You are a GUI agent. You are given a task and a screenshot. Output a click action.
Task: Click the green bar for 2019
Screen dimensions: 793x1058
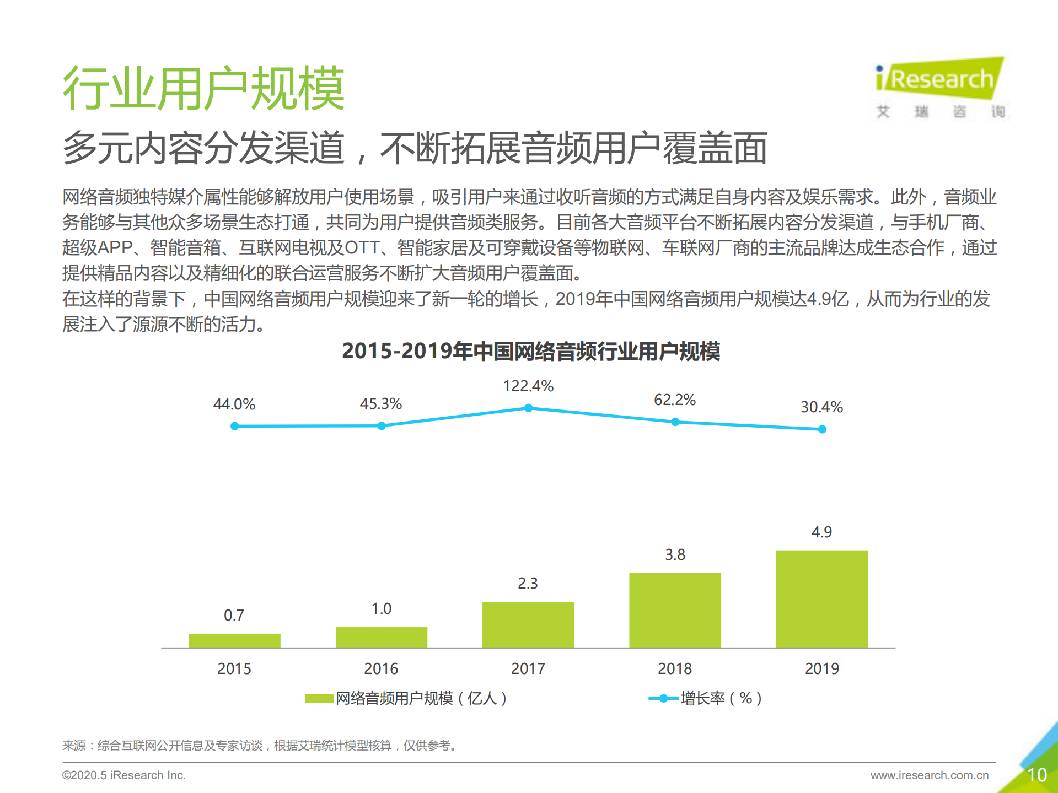821,598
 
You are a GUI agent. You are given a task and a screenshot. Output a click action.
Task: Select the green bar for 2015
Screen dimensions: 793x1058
234,640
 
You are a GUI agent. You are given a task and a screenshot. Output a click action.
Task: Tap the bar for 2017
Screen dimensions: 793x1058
528,624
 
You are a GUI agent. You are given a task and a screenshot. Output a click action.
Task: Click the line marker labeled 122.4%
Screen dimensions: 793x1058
528,408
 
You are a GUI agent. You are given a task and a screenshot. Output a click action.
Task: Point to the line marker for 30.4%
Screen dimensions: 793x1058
822,429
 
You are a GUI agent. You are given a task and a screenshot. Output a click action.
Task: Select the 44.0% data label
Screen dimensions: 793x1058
234,404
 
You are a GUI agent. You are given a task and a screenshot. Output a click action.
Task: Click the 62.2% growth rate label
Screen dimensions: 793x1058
675,400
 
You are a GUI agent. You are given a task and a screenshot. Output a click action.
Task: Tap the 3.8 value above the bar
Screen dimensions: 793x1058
675,554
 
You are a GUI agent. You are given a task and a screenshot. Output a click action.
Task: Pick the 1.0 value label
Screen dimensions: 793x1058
381,608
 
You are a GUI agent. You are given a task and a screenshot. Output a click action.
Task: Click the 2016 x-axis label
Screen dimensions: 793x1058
381,668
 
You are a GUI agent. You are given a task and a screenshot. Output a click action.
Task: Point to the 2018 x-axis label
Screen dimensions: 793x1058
675,668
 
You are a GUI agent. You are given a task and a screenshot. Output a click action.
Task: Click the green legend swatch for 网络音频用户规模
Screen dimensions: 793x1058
319,698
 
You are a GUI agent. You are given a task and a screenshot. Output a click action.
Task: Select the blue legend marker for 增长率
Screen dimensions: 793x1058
664,698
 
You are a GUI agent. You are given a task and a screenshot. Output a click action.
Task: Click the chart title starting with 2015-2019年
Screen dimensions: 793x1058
530,351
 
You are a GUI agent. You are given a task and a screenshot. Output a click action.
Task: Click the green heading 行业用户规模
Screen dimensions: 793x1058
203,88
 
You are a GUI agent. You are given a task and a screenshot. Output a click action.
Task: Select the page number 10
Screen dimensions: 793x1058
1036,775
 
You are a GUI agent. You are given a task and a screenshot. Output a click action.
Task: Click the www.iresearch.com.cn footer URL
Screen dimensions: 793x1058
929,775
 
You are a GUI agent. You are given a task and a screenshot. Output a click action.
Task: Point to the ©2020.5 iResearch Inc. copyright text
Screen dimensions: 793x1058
123,775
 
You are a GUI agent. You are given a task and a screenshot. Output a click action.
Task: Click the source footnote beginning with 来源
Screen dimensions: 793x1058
259,746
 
